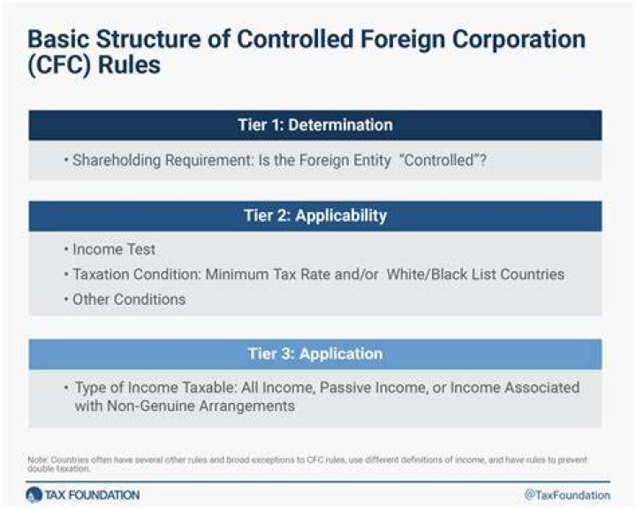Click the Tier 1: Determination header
point(315,125)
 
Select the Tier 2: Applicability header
point(315,216)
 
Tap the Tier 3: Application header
point(315,354)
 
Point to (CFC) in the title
point(59,65)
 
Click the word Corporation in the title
point(519,40)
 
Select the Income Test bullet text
point(114,249)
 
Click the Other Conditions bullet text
point(129,300)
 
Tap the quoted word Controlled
point(439,160)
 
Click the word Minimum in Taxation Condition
point(238,275)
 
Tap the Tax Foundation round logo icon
point(34,495)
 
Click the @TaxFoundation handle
point(567,495)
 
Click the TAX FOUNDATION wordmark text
point(92,495)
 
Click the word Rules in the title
point(129,65)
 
